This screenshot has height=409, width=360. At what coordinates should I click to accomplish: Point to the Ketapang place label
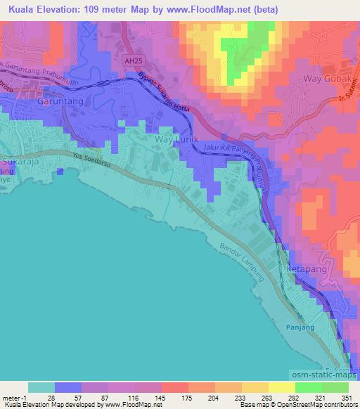point(304,269)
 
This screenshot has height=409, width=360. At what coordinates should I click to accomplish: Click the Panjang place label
point(302,327)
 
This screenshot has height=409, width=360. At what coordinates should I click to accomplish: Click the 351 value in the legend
point(345,397)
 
